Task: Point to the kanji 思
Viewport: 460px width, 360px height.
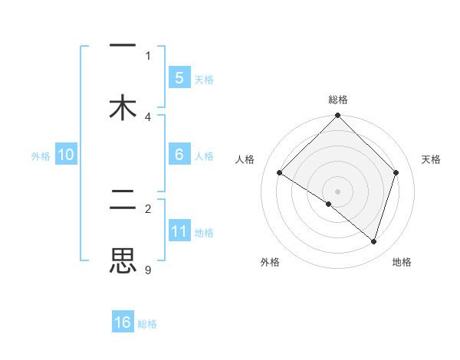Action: (x=123, y=260)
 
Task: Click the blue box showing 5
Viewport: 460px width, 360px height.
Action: (x=179, y=77)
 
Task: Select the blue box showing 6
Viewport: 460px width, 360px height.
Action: (x=179, y=155)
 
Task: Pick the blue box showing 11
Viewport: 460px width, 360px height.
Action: (x=179, y=231)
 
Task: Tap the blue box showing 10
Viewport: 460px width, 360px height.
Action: (x=66, y=155)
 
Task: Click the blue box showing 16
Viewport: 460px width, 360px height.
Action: (x=123, y=322)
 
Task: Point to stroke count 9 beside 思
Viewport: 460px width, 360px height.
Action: (x=147, y=269)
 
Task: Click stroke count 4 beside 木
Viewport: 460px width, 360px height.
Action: (x=148, y=116)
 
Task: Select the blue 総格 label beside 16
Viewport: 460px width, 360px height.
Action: (x=147, y=324)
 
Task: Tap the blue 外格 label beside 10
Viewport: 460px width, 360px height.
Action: (x=41, y=155)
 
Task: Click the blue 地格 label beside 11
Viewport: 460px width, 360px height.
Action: (x=204, y=232)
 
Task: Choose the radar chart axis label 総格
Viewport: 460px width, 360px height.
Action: (x=338, y=100)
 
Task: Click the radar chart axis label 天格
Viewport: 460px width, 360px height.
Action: (x=432, y=159)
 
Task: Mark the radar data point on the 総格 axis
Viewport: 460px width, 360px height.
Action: (x=338, y=116)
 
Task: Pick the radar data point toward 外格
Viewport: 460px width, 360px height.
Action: (x=329, y=204)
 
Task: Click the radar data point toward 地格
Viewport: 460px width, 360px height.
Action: (x=373, y=241)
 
